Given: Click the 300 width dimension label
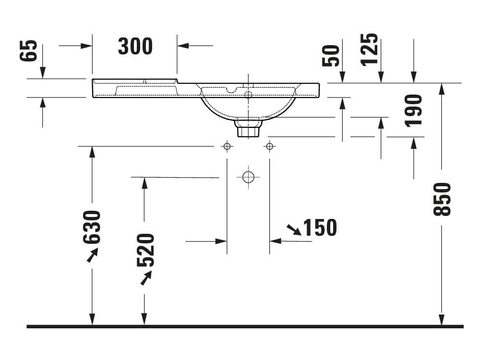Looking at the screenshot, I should [135, 46].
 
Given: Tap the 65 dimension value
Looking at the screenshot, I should [28, 51].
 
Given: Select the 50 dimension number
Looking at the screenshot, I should [331, 56].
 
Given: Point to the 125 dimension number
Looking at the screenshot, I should [370, 49].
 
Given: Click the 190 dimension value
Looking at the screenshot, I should [414, 110].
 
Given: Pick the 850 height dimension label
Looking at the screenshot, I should [442, 199].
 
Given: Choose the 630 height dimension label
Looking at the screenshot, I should [92, 227].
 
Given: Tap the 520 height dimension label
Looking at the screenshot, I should [145, 250].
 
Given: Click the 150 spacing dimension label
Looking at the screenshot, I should [320, 228].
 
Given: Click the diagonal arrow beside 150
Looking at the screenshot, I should [294, 229].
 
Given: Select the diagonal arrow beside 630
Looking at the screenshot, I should [92, 255].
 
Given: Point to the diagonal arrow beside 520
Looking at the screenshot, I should [146, 278].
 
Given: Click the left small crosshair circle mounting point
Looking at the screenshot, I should [227, 146].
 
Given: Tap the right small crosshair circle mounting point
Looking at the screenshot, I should [269, 146].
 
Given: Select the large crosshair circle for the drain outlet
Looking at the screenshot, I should [248, 177].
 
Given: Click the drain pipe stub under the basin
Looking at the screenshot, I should [248, 129].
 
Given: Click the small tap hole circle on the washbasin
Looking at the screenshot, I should [248, 95].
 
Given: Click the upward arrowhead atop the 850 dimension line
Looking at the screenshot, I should [442, 88].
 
